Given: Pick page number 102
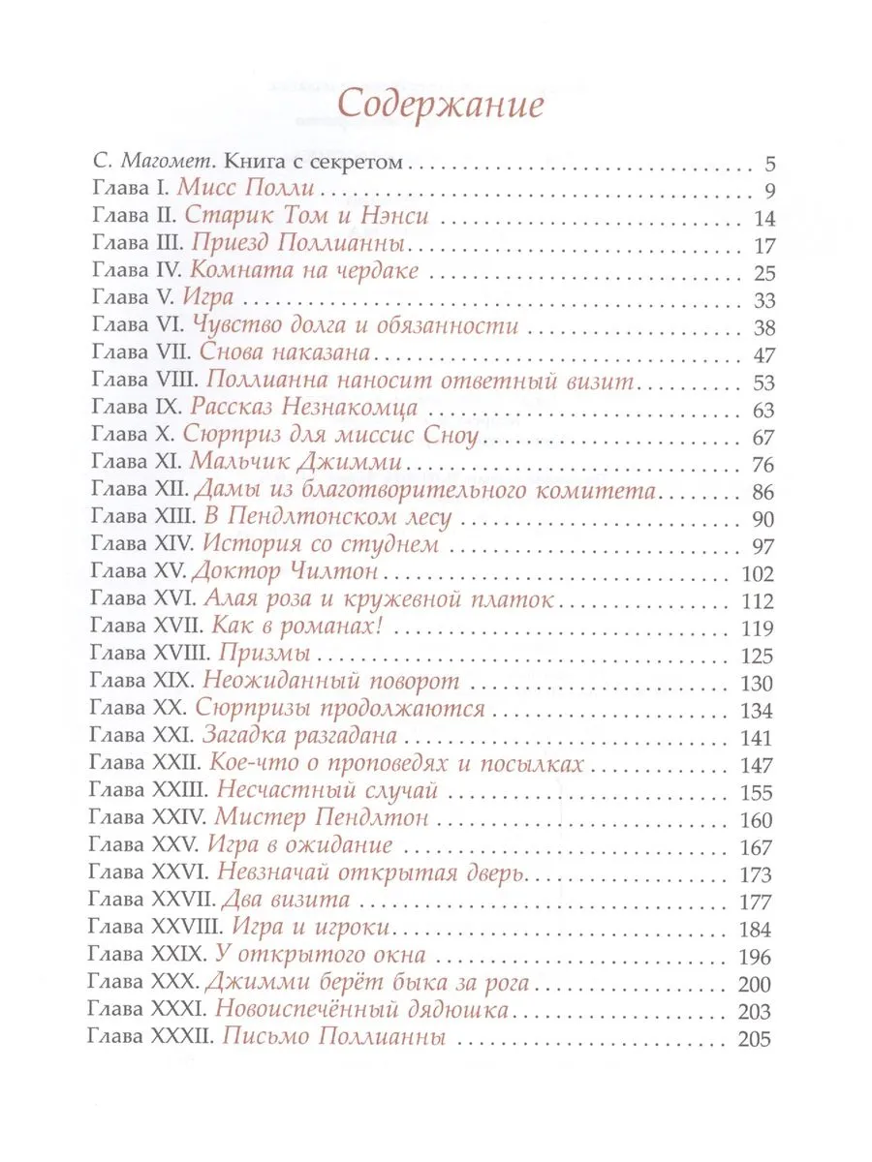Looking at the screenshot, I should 753,571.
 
